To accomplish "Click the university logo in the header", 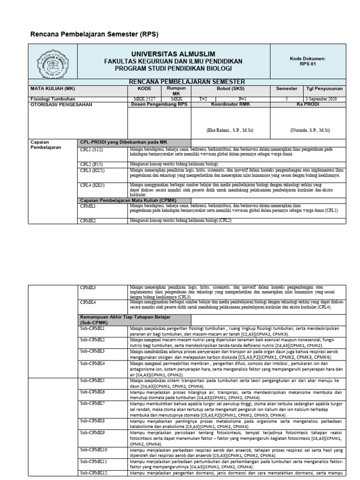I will coord(52,62).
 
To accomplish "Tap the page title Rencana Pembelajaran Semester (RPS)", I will coord(94,34).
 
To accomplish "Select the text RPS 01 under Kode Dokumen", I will coord(308,65).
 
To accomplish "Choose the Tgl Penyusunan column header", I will coord(324,88).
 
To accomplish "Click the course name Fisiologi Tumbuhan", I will coord(50,99).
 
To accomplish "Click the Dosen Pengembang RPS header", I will coord(158,105).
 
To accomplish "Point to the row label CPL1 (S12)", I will coord(91,150).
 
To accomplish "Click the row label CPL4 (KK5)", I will coord(92,185).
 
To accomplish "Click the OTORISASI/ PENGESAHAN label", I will coord(61,105).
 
